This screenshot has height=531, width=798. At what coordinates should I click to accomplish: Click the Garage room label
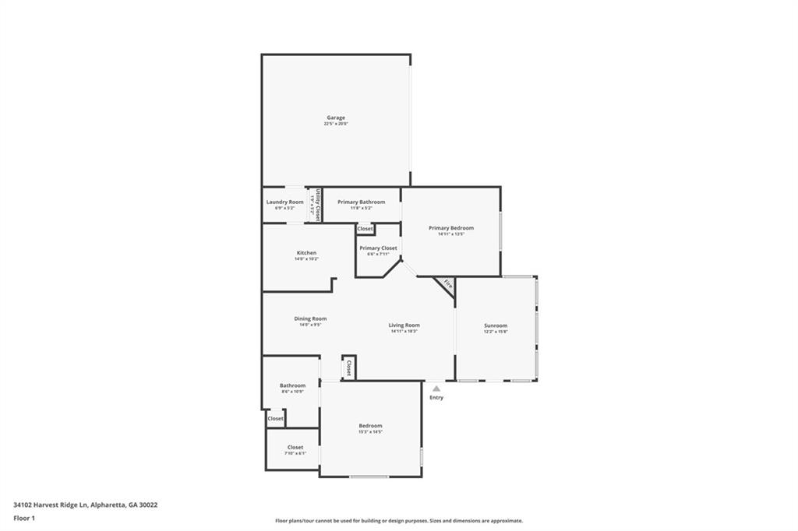[336, 118]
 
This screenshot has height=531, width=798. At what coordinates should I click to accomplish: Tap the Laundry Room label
[284, 202]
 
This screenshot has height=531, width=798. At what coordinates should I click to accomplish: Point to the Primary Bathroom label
[361, 202]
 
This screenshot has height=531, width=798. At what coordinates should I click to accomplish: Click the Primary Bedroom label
[450, 228]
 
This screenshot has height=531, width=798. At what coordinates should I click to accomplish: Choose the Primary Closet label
[378, 248]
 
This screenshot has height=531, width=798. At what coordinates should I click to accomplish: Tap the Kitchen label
[306, 253]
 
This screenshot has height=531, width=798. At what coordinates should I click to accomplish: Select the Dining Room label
[310, 318]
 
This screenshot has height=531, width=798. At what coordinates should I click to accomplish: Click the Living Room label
[404, 325]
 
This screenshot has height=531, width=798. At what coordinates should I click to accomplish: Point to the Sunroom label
[496, 325]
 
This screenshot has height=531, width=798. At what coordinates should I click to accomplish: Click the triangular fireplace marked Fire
[447, 284]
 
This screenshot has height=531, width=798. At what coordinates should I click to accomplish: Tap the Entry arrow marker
[436, 388]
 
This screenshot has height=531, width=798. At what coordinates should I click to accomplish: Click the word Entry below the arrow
[436, 398]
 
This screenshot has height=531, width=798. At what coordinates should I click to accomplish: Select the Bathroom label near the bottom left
[292, 385]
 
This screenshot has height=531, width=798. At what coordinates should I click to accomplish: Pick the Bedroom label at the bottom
[370, 426]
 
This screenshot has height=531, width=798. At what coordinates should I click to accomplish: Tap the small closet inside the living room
[349, 367]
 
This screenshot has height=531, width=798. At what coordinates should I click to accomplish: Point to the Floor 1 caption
[24, 517]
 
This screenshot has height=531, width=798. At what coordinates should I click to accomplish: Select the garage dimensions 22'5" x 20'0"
[336, 124]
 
